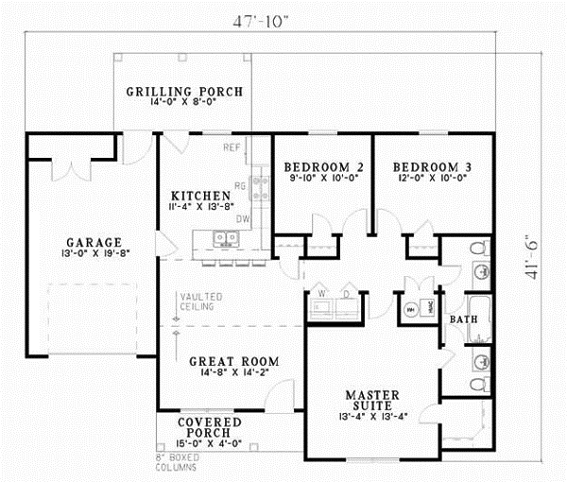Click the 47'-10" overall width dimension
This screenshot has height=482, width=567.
click(259, 17)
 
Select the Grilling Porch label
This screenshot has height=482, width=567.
click(184, 93)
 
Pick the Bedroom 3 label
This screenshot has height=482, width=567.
click(432, 167)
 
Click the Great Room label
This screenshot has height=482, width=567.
click(233, 361)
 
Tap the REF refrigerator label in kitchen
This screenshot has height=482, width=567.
click(232, 148)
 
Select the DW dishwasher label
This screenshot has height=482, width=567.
click(243, 218)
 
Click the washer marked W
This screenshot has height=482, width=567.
click(320, 292)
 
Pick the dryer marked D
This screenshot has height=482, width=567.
click(346, 292)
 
